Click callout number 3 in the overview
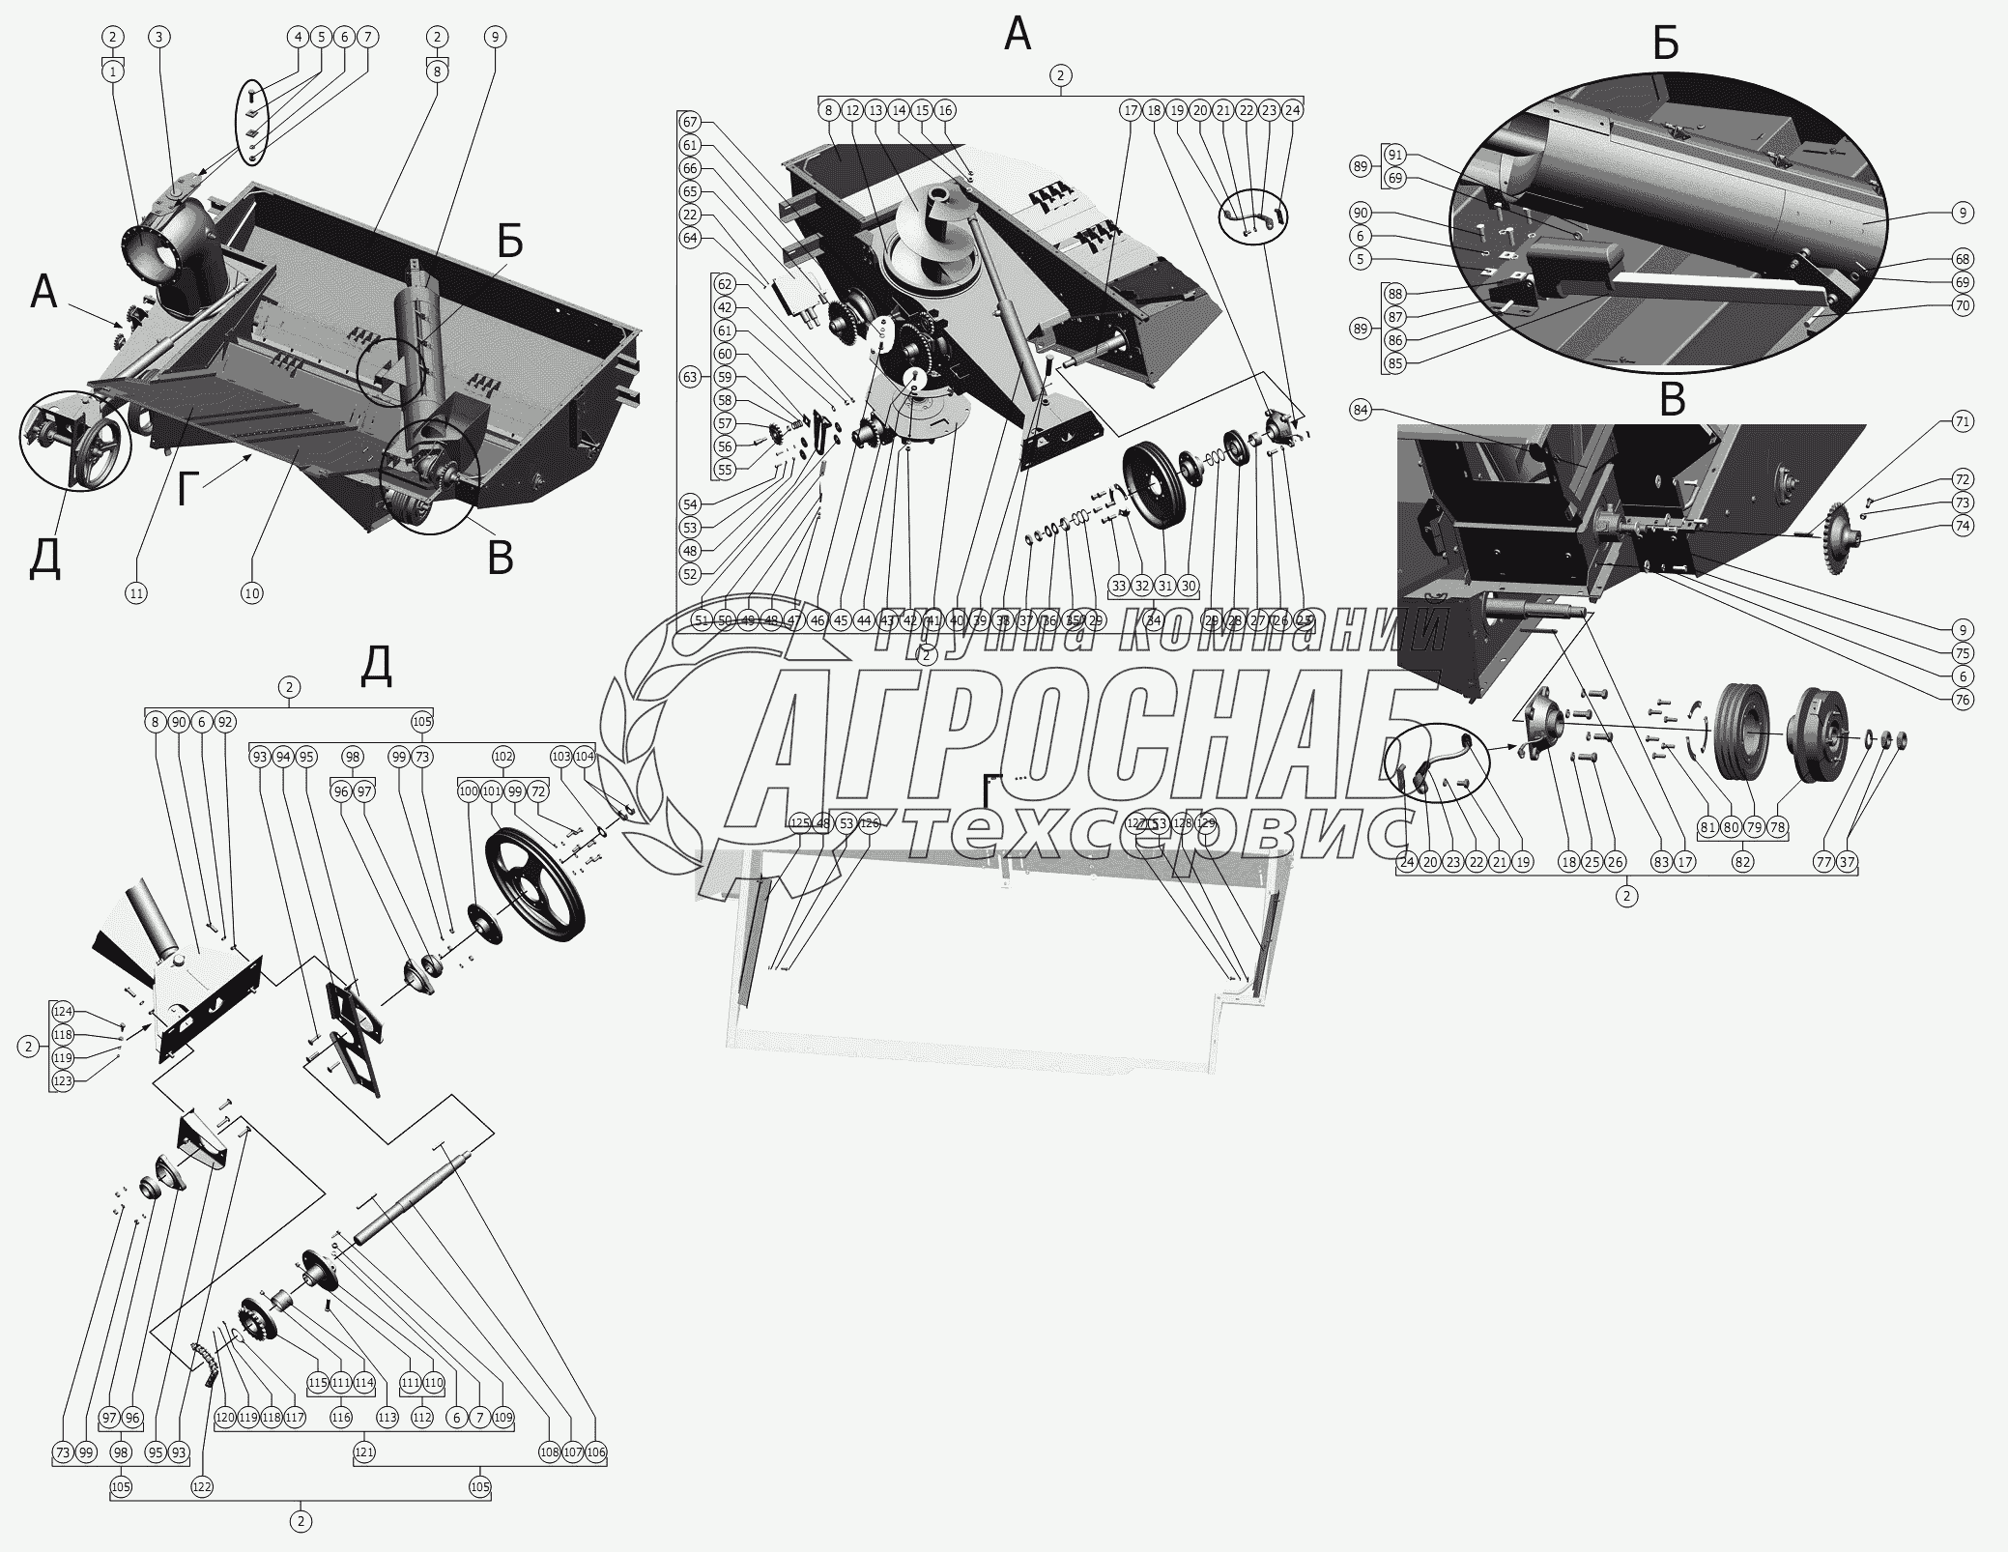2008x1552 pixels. point(159,37)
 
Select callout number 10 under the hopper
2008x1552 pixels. point(251,593)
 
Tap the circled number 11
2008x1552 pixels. point(136,593)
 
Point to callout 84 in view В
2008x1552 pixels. point(1362,411)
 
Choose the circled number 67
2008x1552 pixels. point(690,122)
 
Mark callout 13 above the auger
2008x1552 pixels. point(875,110)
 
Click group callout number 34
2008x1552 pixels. point(1153,620)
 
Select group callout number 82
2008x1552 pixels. point(1742,862)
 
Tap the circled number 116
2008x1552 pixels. point(341,1445)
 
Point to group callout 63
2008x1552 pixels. point(690,377)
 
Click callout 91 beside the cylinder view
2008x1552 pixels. point(1393,155)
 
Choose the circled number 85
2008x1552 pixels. point(1393,363)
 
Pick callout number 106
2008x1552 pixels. point(595,1480)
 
